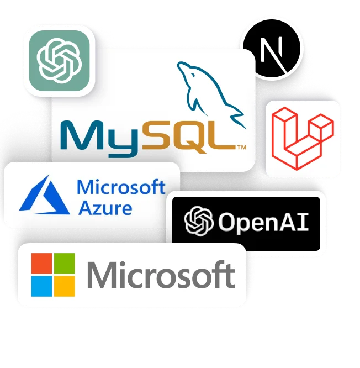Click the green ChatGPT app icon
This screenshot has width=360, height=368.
59,61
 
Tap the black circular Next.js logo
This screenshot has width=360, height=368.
272,49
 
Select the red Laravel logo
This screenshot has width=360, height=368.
303,139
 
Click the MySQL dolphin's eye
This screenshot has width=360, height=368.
193,75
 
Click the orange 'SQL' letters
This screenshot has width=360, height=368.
189,136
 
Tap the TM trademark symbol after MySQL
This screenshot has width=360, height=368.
242,148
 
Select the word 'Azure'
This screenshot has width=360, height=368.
105,208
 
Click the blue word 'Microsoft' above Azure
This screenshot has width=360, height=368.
121,187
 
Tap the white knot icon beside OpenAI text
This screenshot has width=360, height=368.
199,221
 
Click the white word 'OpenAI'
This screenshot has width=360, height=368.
263,222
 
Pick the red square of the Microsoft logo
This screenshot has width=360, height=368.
41,263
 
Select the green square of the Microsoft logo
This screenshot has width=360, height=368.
65,263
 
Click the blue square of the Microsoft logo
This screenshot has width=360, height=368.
41,286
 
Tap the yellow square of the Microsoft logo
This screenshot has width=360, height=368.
65,286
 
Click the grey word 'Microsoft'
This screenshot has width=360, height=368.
161,275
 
